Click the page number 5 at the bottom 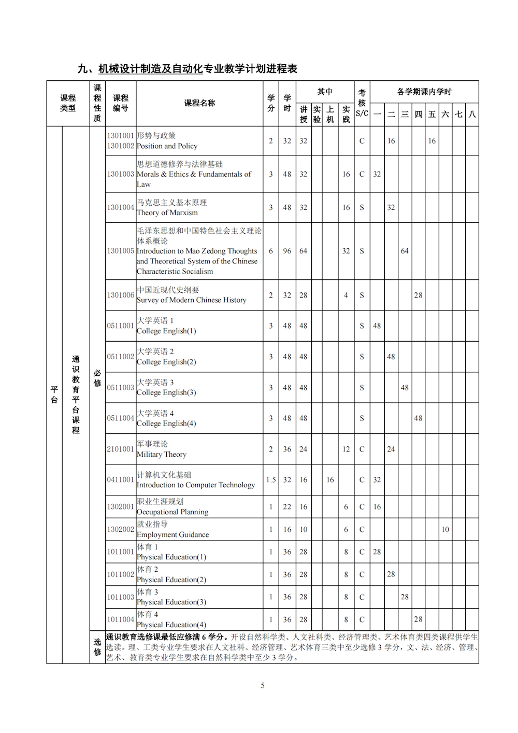(x=263, y=685)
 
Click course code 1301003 (x=120, y=174)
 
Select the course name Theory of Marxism (x=167, y=213)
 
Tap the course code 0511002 (x=120, y=357)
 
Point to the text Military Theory (x=162, y=455)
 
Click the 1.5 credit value (x=271, y=480)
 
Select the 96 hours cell (x=287, y=251)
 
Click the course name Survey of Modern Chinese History (x=192, y=300)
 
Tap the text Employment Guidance (x=173, y=535)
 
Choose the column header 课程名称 (x=199, y=103)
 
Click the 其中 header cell (x=325, y=92)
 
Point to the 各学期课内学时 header (x=424, y=92)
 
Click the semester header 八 (x=472, y=114)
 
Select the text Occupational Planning (x=172, y=512)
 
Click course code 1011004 (x=120, y=619)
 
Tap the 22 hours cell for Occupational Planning (x=287, y=507)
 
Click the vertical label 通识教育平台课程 (x=76, y=394)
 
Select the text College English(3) (x=166, y=393)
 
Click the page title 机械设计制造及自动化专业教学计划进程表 (x=197, y=69)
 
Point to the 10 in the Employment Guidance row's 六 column (x=445, y=529)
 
